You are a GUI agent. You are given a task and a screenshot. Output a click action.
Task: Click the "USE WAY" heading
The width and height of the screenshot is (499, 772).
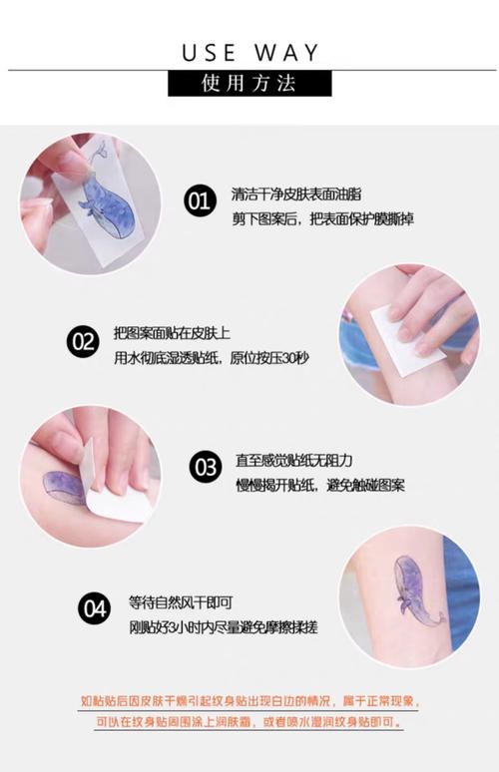(x=250, y=53)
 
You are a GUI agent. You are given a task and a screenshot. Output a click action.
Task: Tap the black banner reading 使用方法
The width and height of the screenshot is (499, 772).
(x=249, y=83)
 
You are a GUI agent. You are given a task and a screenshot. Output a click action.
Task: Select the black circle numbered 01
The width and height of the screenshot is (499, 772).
(x=200, y=200)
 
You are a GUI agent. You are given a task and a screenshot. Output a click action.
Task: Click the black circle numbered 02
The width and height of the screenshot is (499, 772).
(x=83, y=341)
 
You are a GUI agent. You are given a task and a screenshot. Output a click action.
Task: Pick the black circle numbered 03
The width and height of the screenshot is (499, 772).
(x=206, y=467)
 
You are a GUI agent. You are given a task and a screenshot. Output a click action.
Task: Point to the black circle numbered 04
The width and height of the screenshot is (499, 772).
(x=94, y=608)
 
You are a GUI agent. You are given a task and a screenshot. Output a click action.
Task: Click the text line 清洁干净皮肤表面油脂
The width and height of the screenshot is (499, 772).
(x=296, y=193)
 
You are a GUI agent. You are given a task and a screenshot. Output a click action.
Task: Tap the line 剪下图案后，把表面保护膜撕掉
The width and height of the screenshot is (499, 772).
(x=322, y=218)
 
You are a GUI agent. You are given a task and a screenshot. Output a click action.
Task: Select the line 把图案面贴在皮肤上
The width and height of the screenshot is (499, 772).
(x=172, y=333)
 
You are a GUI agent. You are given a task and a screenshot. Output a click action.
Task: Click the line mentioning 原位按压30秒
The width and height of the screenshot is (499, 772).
(x=212, y=357)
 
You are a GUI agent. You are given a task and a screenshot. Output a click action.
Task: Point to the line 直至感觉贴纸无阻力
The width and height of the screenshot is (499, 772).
(x=294, y=461)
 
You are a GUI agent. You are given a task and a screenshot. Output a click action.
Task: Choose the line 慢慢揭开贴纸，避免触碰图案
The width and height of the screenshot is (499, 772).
(x=320, y=485)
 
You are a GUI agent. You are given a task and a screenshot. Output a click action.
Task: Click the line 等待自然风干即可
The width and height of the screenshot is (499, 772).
(x=181, y=602)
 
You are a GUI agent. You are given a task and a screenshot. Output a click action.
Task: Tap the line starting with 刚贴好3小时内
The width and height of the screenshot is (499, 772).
(x=224, y=626)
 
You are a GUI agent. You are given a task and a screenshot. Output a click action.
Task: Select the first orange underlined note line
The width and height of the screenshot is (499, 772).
(x=249, y=701)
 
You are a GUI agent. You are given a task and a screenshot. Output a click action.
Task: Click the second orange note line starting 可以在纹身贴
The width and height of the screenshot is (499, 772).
(x=249, y=722)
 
